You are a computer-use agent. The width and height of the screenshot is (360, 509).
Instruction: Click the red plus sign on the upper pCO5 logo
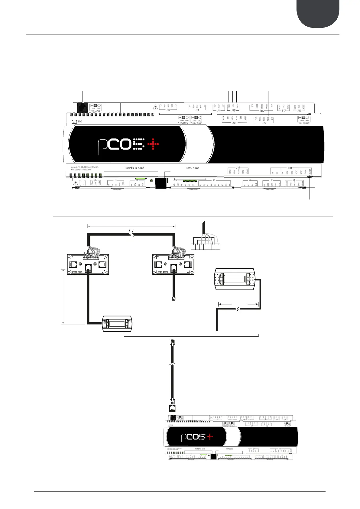click(153, 144)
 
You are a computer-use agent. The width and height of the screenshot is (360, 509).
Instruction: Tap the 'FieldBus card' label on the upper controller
click(134, 168)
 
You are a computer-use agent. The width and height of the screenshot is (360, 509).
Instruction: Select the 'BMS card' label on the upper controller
click(192, 168)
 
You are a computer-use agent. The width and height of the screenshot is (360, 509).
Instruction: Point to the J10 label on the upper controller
click(80, 122)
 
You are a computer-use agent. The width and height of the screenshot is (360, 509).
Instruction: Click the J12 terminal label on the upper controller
click(168, 110)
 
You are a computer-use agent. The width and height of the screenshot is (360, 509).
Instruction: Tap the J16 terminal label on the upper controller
click(261, 111)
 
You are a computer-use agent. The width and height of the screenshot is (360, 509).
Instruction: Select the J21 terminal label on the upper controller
click(234, 123)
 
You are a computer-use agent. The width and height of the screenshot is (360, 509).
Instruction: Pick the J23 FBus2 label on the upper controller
click(304, 123)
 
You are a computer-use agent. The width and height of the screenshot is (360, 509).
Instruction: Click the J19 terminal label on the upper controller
click(238, 167)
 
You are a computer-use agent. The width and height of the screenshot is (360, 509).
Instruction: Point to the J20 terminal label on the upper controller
click(290, 168)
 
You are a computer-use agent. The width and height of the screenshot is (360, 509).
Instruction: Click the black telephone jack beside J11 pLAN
click(82, 107)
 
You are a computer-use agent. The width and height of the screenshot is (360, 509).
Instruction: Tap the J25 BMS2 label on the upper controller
click(183, 123)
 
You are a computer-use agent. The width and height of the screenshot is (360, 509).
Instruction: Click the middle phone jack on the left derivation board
click(88, 267)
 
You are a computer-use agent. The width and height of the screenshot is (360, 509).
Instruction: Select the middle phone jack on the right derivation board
click(174, 267)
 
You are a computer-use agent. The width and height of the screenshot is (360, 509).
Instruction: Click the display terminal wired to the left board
click(117, 324)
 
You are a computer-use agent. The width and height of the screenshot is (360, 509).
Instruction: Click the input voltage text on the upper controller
click(85, 167)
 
